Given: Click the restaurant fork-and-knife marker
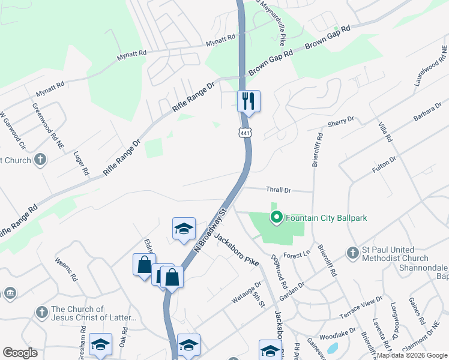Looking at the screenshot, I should (x=249, y=101).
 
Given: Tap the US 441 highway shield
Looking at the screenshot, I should (x=246, y=133).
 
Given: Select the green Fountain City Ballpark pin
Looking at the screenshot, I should (x=277, y=217).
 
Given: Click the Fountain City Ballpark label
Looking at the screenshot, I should (x=326, y=218).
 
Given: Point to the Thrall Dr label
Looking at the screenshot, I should (x=279, y=190).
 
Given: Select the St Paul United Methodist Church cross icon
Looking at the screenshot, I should (x=352, y=250).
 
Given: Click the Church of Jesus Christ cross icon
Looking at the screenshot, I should (x=41, y=313).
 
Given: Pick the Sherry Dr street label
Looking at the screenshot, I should (x=341, y=122).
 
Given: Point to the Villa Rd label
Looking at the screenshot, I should (x=385, y=131).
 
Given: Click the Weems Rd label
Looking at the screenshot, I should (x=65, y=269).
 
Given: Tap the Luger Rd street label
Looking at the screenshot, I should (x=81, y=163).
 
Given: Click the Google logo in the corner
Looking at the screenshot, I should (x=20, y=353).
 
